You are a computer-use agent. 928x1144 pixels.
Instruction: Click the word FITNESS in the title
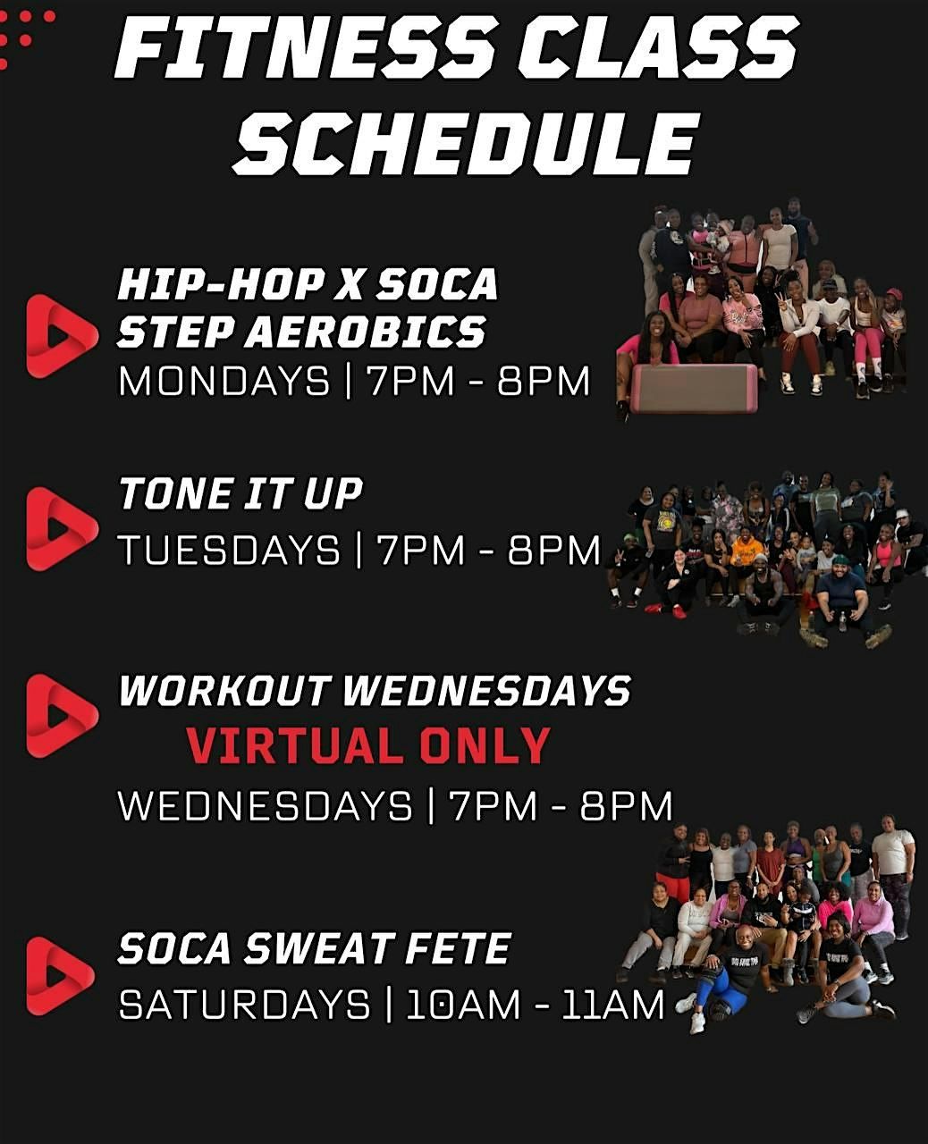(304, 46)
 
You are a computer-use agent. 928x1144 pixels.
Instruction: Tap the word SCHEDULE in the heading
(466, 143)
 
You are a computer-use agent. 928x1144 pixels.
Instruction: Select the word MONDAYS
(224, 382)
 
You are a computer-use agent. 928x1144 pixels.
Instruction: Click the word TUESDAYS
(230, 550)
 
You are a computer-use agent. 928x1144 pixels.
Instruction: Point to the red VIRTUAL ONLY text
(369, 745)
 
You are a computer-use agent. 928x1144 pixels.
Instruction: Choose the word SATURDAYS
(244, 1005)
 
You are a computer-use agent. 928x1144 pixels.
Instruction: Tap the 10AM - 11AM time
(536, 1005)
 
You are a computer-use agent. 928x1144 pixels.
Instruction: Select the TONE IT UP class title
(240, 493)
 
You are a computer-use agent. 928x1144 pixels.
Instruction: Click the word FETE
(457, 948)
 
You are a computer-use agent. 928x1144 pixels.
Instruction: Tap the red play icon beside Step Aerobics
(62, 336)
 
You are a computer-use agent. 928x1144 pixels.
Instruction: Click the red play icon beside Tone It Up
(62, 528)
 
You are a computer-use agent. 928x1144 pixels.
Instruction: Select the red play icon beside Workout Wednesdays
(62, 716)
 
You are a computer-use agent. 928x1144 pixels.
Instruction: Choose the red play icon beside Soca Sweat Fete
(60, 976)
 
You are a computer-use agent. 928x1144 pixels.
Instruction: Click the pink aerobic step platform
(695, 388)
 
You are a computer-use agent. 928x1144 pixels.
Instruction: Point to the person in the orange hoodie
(747, 552)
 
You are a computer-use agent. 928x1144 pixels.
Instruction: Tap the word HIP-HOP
(220, 283)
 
